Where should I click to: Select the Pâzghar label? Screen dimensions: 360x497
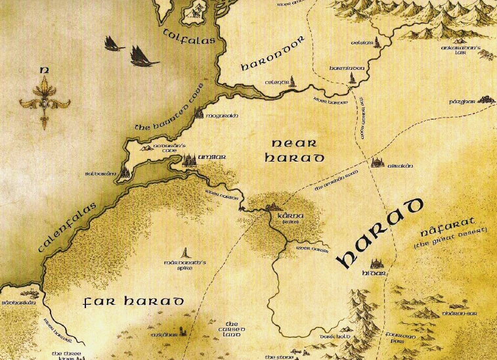pyautogui.click(x=463, y=104)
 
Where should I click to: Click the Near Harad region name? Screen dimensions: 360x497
pyautogui.click(x=297, y=150)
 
